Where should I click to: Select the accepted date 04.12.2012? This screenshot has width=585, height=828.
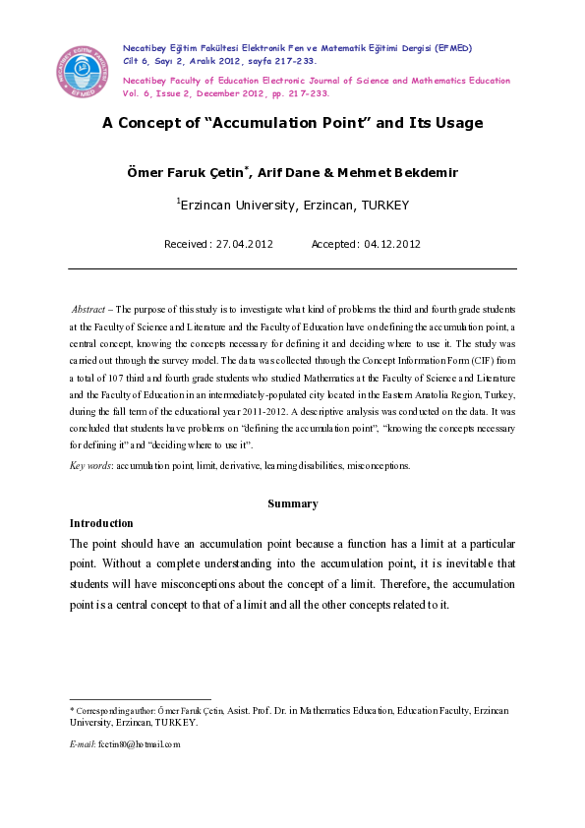(392, 244)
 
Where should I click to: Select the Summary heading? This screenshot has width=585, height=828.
(293, 503)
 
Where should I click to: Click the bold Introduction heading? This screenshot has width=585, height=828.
(101, 523)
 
